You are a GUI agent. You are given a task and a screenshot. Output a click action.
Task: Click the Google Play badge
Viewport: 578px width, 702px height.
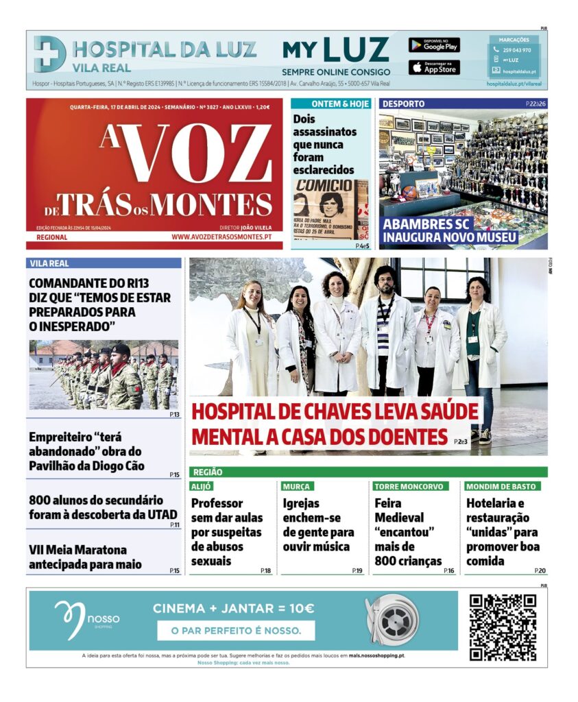(434, 45)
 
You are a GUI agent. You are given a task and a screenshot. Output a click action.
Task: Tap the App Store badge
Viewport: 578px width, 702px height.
(434, 67)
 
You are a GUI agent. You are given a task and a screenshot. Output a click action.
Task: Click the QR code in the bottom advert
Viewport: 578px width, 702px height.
(503, 627)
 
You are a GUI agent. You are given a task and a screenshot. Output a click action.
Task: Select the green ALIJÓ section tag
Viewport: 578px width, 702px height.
(202, 486)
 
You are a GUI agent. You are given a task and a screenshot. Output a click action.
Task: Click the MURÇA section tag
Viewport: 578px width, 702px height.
(296, 486)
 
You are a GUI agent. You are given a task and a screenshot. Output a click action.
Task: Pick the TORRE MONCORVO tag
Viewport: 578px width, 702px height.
(410, 486)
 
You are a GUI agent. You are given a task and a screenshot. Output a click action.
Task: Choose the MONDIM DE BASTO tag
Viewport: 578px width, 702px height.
(502, 486)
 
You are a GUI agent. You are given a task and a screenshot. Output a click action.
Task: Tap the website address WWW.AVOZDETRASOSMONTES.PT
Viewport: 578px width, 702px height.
(221, 237)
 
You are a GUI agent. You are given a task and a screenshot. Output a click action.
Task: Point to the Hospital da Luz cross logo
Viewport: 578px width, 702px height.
(50, 54)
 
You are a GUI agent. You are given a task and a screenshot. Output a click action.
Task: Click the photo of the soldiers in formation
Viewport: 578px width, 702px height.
(104, 375)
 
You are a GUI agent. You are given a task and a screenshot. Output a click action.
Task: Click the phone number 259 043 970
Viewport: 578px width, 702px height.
(517, 50)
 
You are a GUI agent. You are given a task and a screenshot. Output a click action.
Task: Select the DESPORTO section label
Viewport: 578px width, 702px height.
(403, 104)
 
